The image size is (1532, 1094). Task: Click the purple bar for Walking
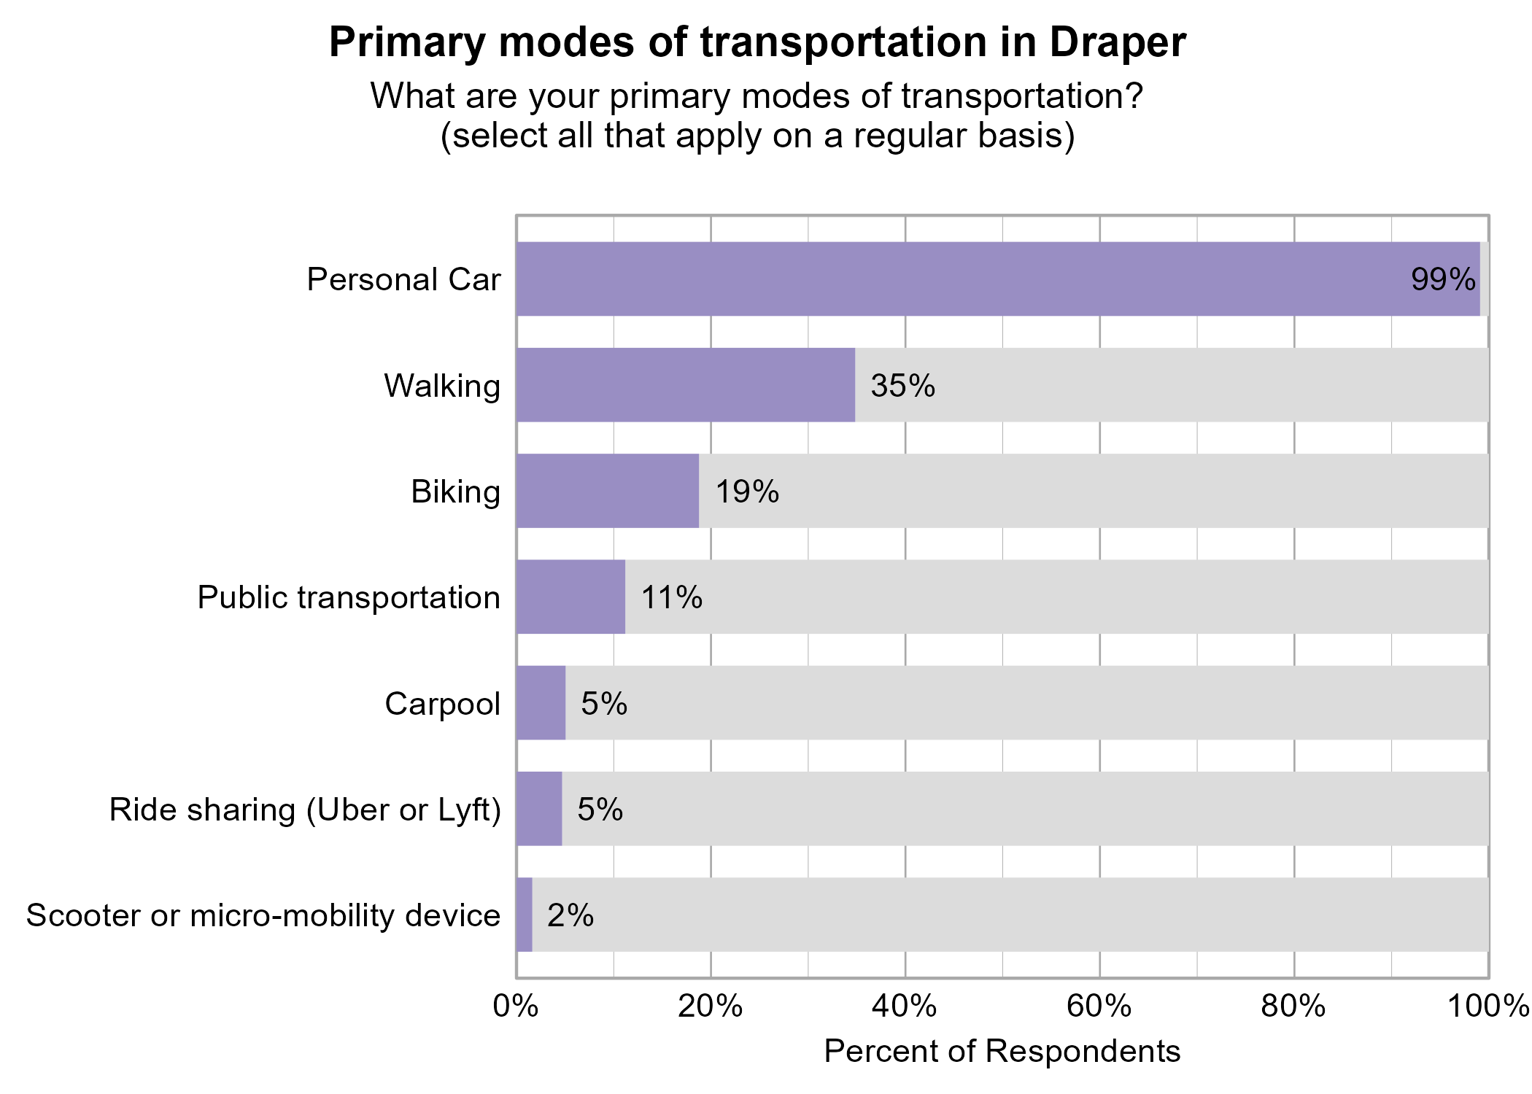[x=686, y=384]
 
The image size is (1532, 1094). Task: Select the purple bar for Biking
[x=607, y=491]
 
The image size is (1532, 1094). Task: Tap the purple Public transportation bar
[x=570, y=597]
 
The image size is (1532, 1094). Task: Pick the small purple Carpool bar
[x=541, y=702]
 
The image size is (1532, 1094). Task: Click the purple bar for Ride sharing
[x=539, y=808]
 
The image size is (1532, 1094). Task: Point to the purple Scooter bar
[x=525, y=915]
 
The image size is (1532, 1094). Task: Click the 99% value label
[x=1443, y=279]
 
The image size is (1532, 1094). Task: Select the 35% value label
[x=902, y=385]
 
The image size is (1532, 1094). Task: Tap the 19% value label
[x=747, y=492]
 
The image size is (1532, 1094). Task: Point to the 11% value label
[x=672, y=597]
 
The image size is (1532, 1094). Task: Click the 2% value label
[x=570, y=915]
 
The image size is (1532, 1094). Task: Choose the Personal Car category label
[x=403, y=279]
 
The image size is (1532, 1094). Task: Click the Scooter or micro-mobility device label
[x=263, y=915]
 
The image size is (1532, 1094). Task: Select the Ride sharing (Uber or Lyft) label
[x=305, y=810]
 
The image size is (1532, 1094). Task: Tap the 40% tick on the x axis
[x=905, y=1006]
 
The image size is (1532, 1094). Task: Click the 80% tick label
[x=1293, y=1006]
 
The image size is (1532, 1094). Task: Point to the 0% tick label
[x=516, y=1006]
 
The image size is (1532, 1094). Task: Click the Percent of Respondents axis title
[x=1002, y=1051]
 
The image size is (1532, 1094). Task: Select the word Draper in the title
[x=1118, y=42]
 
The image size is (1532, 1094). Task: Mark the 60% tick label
[x=1099, y=1006]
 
